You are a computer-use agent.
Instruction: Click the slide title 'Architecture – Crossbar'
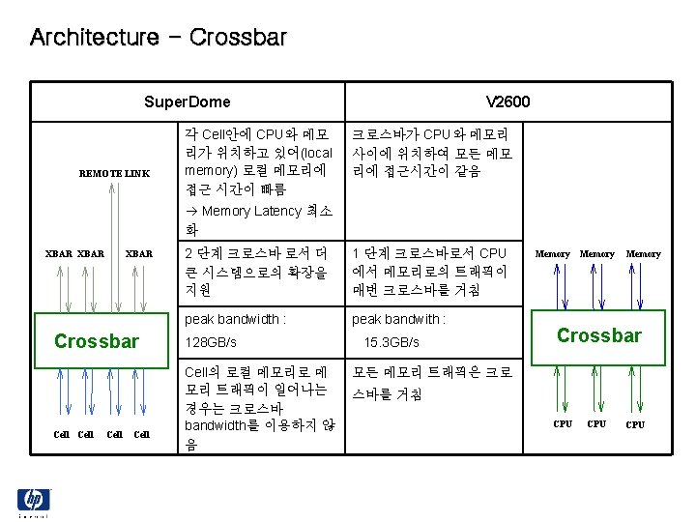coord(159,38)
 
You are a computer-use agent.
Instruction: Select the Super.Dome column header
coord(187,101)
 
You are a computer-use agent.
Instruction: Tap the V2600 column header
coord(507,101)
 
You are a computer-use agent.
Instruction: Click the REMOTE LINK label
coord(114,173)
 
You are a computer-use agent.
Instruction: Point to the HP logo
coord(34,501)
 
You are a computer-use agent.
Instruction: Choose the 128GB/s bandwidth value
coord(210,343)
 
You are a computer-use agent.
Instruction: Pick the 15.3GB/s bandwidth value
coord(391,343)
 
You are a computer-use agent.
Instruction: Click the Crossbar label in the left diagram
coord(97,341)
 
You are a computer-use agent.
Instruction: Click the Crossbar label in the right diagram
coord(598,335)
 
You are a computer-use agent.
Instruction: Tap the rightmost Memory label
coord(643,253)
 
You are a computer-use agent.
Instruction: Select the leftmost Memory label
coord(553,253)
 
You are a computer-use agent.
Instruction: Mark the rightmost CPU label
coord(635,424)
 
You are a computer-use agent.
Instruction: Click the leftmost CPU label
coord(562,423)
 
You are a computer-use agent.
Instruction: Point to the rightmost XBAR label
coord(139,253)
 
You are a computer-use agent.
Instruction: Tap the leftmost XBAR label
coord(60,253)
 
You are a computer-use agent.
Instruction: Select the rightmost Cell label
coord(141,433)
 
